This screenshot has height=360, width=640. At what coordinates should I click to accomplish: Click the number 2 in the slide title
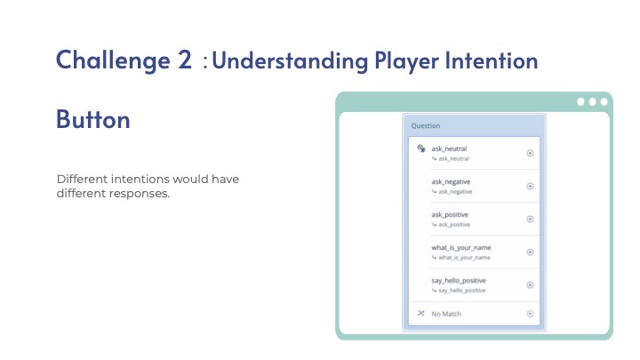[x=185, y=60]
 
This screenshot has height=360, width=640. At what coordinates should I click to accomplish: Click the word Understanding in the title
[x=290, y=61]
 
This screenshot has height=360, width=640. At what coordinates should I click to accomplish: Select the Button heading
[x=93, y=119]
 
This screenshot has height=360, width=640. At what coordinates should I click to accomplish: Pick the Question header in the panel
[x=425, y=125]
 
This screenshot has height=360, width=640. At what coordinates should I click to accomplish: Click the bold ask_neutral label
[x=449, y=148]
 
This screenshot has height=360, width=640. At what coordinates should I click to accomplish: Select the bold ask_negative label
[x=451, y=181]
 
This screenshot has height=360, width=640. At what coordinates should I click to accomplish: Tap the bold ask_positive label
[x=450, y=215]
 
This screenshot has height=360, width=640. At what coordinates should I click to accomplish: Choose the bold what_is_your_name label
[x=461, y=248]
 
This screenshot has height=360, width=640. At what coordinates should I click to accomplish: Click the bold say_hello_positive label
[x=459, y=281]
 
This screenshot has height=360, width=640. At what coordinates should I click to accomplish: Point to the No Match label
[x=446, y=314]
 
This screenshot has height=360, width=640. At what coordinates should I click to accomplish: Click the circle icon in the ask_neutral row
[x=530, y=153]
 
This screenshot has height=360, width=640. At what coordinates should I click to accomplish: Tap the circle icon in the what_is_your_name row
[x=530, y=252]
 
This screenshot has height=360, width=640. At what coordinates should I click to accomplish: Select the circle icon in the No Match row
[x=530, y=314]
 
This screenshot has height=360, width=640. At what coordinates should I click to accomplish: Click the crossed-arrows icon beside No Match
[x=420, y=313]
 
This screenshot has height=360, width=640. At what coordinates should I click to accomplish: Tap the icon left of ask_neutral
[x=421, y=148]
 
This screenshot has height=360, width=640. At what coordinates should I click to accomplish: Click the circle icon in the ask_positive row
[x=530, y=220]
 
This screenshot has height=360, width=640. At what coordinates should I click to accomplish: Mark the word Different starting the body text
[x=82, y=180]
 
